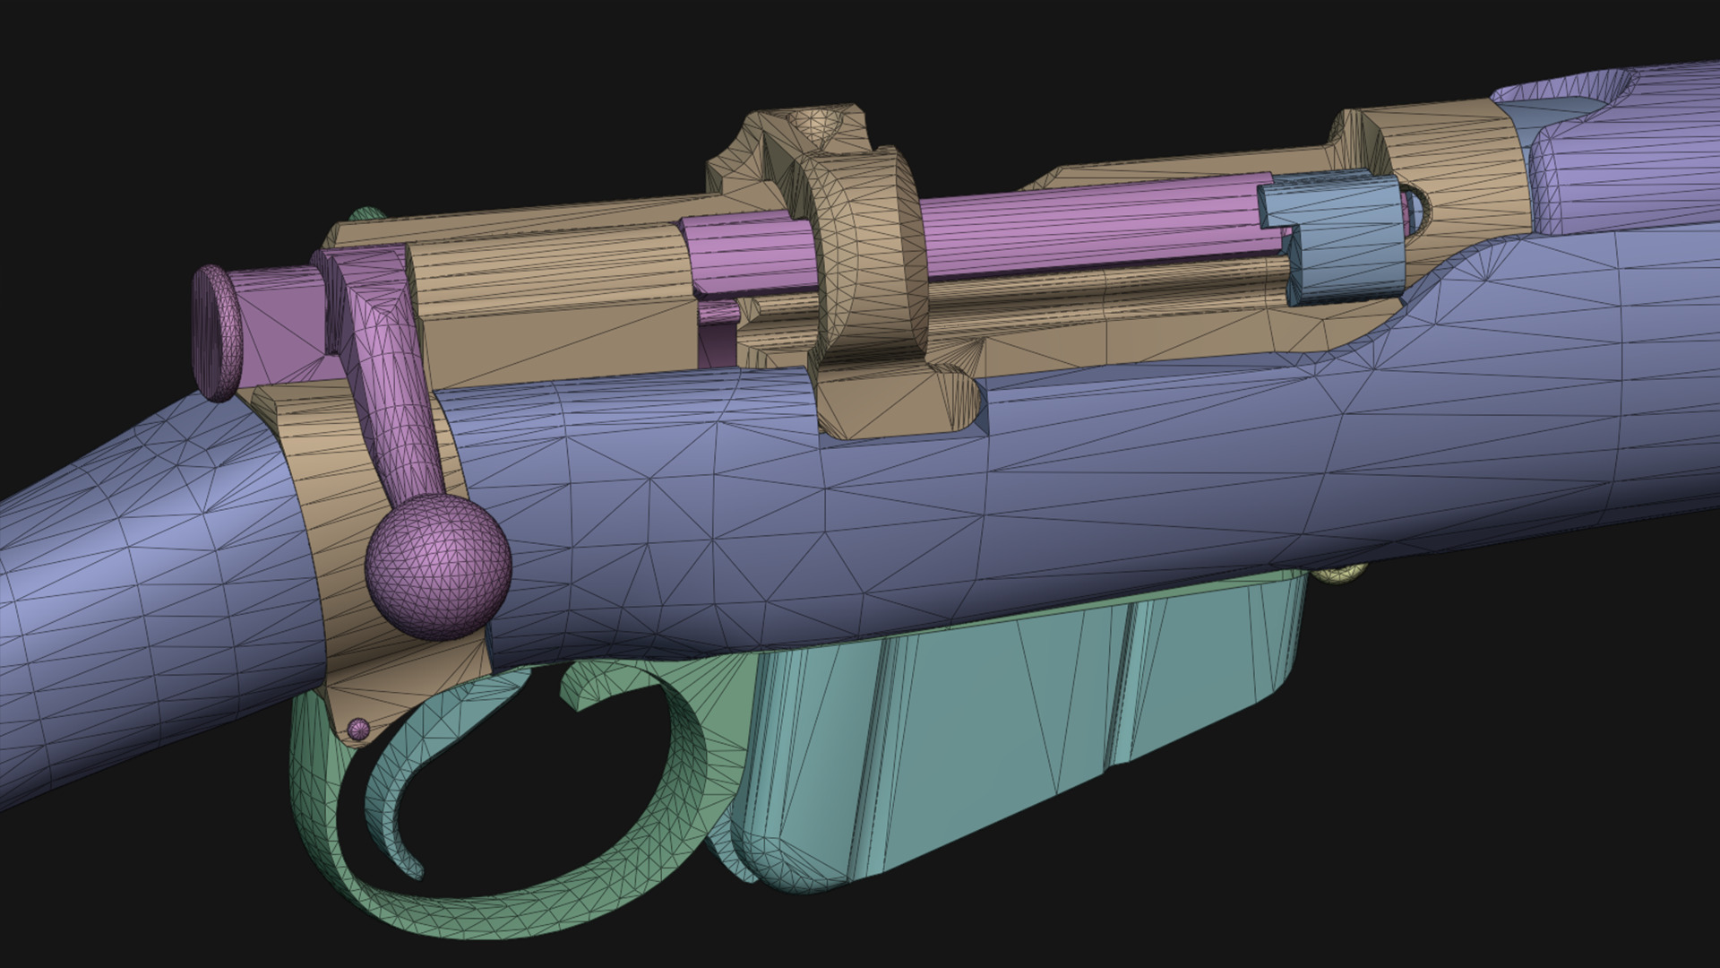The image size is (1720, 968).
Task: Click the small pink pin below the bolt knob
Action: [x=358, y=729]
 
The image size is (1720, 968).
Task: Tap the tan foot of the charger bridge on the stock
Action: [x=896, y=403]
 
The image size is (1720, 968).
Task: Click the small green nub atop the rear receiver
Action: [x=367, y=216]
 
